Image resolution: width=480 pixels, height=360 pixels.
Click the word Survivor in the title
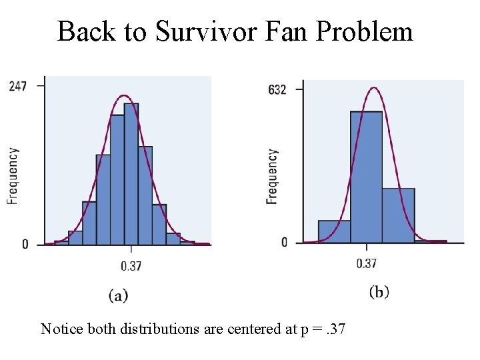click(x=204, y=31)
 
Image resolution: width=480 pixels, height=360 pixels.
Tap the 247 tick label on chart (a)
click(x=18, y=86)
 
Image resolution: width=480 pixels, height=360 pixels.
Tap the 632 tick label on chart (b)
click(x=277, y=89)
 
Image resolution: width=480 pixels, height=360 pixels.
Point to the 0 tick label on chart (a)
click(x=25, y=244)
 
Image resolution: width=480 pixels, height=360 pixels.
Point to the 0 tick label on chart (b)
click(x=284, y=242)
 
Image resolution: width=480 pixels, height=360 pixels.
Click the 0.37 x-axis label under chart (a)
click(x=131, y=267)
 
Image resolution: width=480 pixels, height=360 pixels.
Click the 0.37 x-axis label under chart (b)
click(x=367, y=263)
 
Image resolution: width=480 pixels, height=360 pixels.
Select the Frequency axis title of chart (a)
click(x=13, y=175)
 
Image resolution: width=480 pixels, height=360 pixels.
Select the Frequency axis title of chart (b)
click(x=272, y=176)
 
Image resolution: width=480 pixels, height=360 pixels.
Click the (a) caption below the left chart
click(x=118, y=295)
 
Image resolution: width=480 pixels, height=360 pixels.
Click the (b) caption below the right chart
click(x=379, y=291)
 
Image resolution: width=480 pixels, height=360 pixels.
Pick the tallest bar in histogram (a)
click(x=131, y=173)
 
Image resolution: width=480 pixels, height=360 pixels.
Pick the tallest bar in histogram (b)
click(x=366, y=177)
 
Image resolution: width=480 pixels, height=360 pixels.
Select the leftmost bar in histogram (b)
click(x=334, y=231)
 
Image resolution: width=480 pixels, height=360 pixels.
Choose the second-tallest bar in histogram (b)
click(x=398, y=215)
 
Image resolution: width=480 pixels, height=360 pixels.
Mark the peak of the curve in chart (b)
click(x=374, y=87)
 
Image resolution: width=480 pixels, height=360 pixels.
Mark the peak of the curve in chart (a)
click(x=123, y=95)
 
